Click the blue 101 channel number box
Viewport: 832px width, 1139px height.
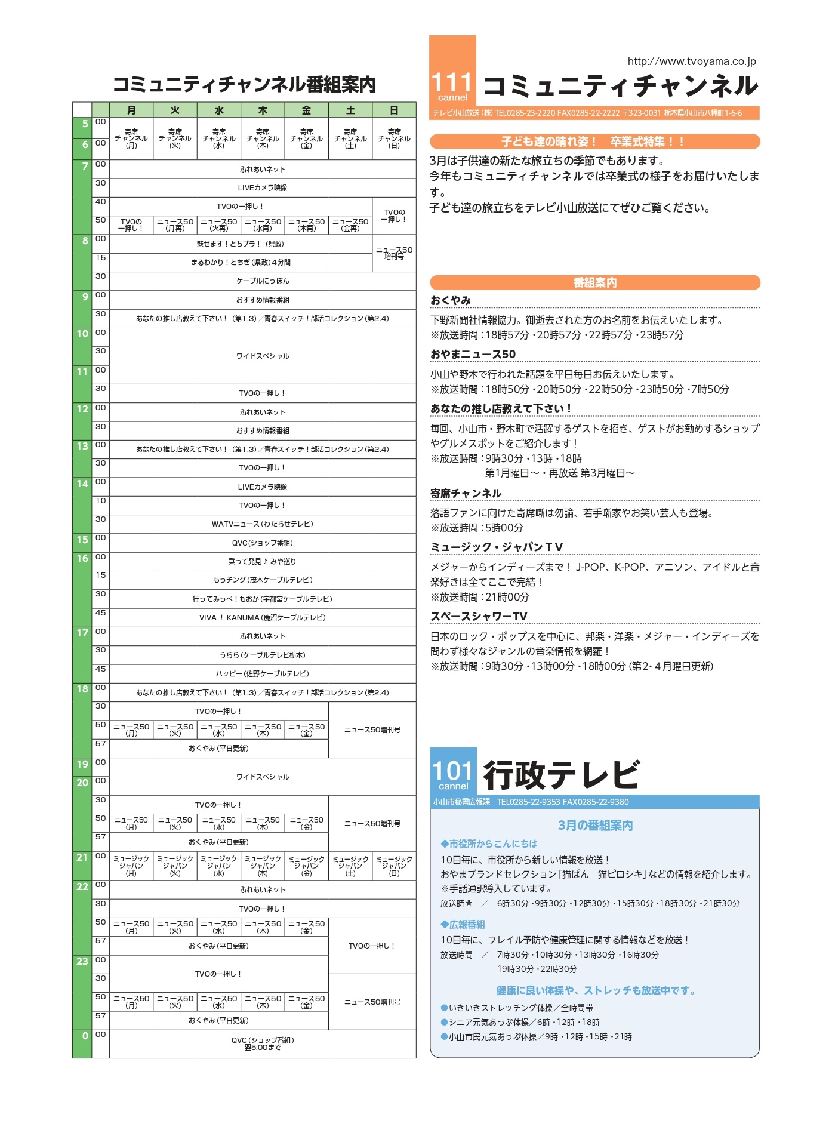click(x=453, y=771)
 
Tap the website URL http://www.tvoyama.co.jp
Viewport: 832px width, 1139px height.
click(x=691, y=61)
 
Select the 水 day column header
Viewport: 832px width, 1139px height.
click(x=219, y=110)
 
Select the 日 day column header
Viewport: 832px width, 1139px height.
click(x=394, y=110)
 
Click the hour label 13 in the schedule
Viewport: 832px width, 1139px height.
click(x=82, y=447)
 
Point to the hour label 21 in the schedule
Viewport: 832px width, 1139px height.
click(x=82, y=858)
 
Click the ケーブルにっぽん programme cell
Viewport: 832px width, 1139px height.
click(x=263, y=281)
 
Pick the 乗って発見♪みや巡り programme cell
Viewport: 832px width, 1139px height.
click(x=263, y=562)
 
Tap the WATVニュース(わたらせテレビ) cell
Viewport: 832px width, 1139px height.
click(x=263, y=524)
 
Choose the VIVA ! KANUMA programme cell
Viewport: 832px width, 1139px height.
click(x=263, y=618)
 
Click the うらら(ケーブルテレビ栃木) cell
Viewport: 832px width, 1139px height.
click(x=263, y=655)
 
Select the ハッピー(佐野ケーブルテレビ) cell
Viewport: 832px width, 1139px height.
click(x=263, y=674)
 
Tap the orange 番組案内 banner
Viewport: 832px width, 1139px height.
click(x=594, y=282)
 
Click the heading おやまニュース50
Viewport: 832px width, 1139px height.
click(x=473, y=354)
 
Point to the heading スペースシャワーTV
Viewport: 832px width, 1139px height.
click(x=479, y=616)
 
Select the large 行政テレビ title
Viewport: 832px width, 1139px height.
click(x=561, y=775)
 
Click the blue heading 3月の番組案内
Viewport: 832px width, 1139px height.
click(x=595, y=826)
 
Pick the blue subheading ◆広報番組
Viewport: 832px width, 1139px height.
click(x=463, y=924)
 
